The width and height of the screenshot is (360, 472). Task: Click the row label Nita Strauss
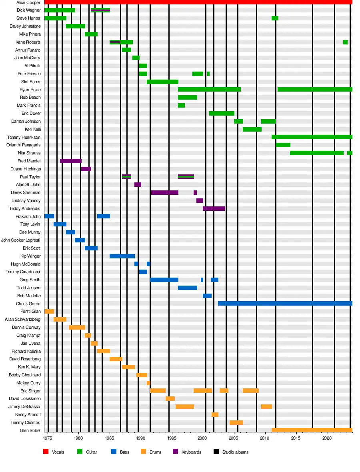(29, 153)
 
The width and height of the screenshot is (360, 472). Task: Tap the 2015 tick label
(296, 438)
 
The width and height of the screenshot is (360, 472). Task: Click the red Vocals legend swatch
(46, 452)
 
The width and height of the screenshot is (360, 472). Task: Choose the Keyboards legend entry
(191, 452)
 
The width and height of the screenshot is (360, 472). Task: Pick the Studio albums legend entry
(235, 452)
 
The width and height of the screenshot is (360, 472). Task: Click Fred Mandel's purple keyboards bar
(71, 161)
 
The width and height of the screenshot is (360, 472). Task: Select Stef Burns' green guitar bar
(162, 82)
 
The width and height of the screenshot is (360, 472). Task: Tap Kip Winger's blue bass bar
(122, 256)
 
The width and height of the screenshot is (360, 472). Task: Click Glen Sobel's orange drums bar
(312, 430)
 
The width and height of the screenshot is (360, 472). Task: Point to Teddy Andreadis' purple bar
(214, 208)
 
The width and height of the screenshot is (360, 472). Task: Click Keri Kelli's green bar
(252, 129)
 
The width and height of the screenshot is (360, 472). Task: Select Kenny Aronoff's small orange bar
(215, 414)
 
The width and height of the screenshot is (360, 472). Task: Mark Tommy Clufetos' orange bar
(236, 422)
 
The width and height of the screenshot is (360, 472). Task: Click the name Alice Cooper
(26, 2)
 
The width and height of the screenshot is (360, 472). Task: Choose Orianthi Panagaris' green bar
(283, 145)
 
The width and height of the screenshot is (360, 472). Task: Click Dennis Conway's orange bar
(77, 327)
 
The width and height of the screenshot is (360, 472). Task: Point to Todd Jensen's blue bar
(188, 288)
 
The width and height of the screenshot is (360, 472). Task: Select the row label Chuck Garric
(28, 304)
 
